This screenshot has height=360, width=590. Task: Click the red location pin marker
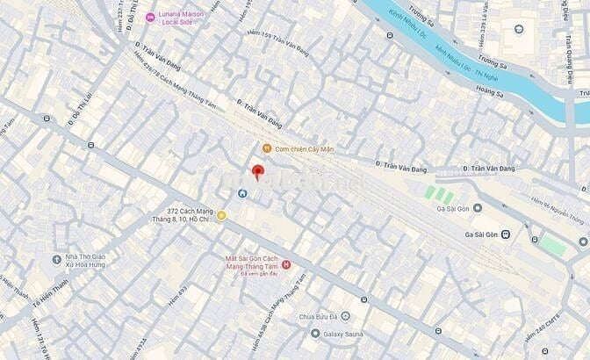[x=257, y=172]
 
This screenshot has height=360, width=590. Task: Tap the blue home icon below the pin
[x=242, y=193]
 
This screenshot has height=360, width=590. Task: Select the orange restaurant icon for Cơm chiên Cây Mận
[x=266, y=148]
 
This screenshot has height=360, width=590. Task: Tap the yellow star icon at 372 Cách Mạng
[x=221, y=215]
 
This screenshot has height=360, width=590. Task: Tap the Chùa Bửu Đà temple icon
[x=345, y=316]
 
